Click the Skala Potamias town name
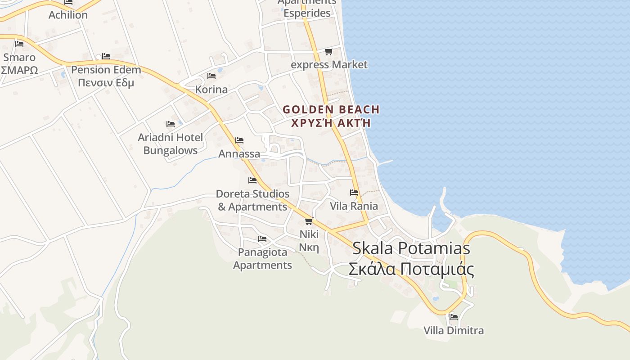411,248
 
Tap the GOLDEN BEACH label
331,109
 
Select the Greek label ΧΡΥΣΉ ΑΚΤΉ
331,122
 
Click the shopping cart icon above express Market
329,52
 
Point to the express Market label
329,65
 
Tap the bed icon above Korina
211,76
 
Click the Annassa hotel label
239,154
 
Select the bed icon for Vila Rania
354,193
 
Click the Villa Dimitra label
454,331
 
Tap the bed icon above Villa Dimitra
454,317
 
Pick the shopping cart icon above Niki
309,221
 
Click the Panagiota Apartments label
262,259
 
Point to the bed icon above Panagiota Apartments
262,238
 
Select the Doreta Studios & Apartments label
252,200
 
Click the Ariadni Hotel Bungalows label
170,144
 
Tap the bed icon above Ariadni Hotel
170,124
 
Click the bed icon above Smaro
19,44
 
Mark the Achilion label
68,15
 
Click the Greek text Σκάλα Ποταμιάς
411,269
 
